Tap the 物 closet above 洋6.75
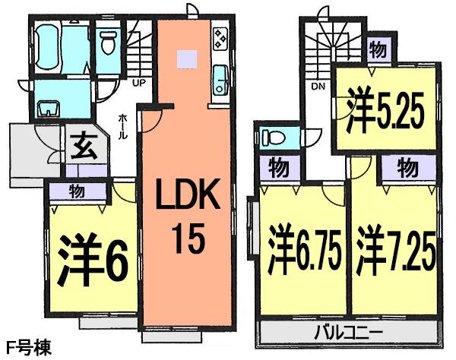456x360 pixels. [276, 165]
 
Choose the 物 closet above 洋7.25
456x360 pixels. [406, 165]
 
